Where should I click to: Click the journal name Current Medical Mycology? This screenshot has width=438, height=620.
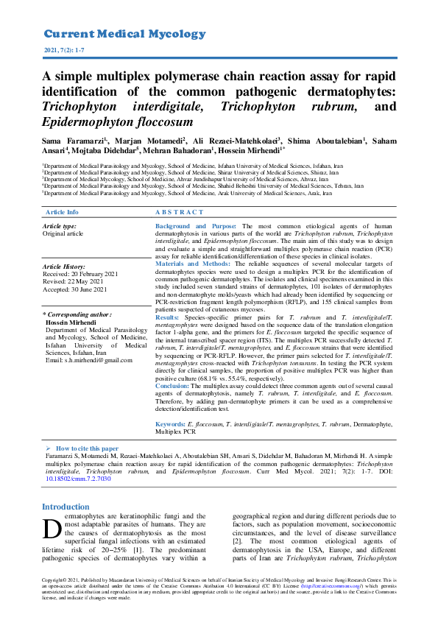tap(124, 34)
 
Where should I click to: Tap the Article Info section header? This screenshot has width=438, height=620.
tap(62, 211)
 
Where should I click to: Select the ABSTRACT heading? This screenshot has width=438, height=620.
tap(180, 211)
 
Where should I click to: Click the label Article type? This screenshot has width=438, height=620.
tap(60, 226)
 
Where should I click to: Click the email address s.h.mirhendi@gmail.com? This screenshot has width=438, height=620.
tap(89, 359)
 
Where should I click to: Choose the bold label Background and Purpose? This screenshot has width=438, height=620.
tap(196, 226)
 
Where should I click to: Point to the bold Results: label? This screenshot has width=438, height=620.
tap(168, 314)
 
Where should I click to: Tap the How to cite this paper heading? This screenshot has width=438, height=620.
tap(87, 448)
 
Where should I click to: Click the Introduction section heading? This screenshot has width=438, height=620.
tap(66, 507)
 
